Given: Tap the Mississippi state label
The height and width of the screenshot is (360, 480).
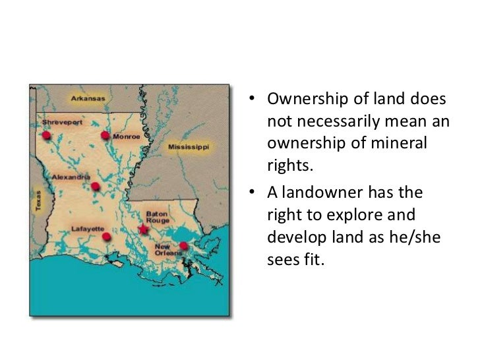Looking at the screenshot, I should pyautogui.click(x=189, y=146).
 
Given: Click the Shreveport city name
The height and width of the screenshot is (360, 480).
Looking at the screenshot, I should pyautogui.click(x=60, y=123).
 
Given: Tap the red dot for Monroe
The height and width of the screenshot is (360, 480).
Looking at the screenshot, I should pyautogui.click(x=105, y=136).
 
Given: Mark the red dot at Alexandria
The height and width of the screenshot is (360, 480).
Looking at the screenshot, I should pyautogui.click(x=96, y=186).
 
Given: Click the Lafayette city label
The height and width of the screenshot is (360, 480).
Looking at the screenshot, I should pyautogui.click(x=88, y=228).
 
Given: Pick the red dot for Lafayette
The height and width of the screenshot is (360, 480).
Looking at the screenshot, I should pyautogui.click(x=106, y=236).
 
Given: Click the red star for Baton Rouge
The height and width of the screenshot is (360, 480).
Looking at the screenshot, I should pyautogui.click(x=143, y=229).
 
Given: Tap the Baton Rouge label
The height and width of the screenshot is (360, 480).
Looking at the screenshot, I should pyautogui.click(x=158, y=218).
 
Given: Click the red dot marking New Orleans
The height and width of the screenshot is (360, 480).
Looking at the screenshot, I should pyautogui.click(x=183, y=247).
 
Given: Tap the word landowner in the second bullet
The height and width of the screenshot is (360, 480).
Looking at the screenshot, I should pyautogui.click(x=313, y=193).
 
